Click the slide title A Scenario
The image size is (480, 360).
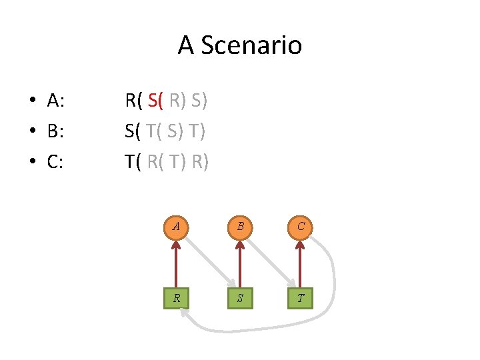(x=239, y=45)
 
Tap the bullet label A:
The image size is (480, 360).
(x=55, y=101)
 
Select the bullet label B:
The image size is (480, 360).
(x=55, y=131)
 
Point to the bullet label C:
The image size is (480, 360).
(x=55, y=162)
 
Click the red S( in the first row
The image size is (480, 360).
(x=156, y=101)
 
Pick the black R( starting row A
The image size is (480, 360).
(x=133, y=101)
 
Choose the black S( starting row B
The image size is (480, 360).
(x=133, y=131)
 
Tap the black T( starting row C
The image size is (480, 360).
(x=133, y=162)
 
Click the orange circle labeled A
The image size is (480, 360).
(x=176, y=227)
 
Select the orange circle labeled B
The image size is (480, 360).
(x=239, y=227)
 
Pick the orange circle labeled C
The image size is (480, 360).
(x=301, y=227)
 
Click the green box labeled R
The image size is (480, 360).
(x=176, y=298)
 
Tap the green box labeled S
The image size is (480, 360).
(x=239, y=298)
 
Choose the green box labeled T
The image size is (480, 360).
(x=301, y=298)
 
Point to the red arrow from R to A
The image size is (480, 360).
(x=176, y=263)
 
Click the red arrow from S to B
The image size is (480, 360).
(x=239, y=263)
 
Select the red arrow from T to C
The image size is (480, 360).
(x=301, y=263)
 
